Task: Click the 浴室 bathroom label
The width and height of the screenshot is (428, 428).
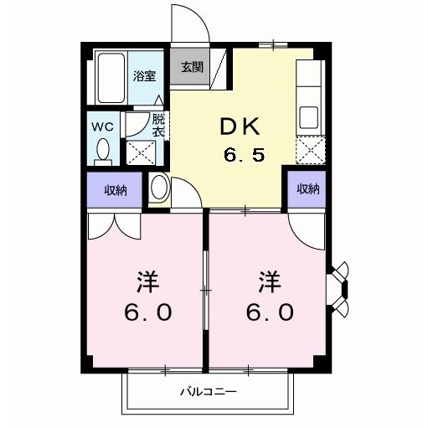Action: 144,76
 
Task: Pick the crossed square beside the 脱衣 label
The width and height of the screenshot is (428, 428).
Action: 139,152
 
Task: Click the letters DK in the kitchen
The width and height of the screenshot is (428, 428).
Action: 240,126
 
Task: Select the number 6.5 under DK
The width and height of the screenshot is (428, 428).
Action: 243,155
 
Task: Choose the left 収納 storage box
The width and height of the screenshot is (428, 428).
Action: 116,189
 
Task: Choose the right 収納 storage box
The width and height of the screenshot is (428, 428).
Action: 307,189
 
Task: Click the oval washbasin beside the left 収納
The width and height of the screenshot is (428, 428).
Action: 157,188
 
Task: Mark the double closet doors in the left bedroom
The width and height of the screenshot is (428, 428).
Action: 115,224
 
